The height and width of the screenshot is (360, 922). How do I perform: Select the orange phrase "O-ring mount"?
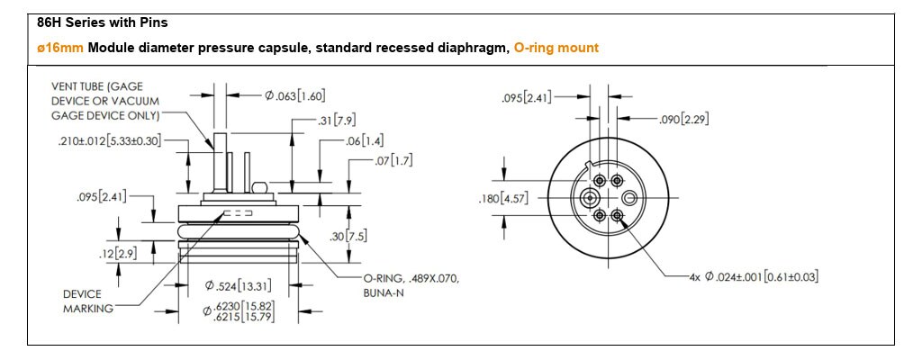click(x=556, y=48)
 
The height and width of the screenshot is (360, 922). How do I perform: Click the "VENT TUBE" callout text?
click(x=104, y=100)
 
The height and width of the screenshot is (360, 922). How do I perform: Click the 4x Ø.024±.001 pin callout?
click(x=753, y=275)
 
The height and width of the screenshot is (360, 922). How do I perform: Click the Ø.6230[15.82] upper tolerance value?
click(x=242, y=305)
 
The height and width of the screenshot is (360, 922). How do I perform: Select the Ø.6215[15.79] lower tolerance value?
click(x=242, y=318)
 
